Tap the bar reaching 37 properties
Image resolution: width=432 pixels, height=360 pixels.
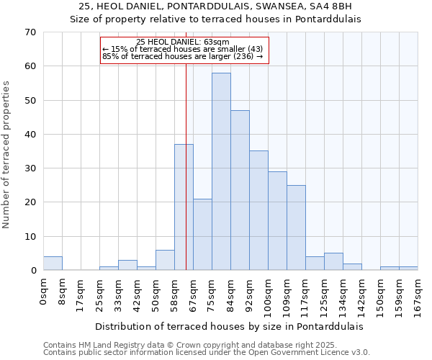(x=184, y=207)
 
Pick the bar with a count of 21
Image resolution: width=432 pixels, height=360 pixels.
(x=202, y=235)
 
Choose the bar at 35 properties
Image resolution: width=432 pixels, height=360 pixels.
(x=258, y=210)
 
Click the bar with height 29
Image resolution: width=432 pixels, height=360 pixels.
(x=277, y=220)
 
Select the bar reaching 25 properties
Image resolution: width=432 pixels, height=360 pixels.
(x=296, y=228)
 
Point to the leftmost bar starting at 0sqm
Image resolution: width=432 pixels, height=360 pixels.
(x=53, y=264)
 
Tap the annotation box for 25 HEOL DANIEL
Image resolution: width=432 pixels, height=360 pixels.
(x=184, y=50)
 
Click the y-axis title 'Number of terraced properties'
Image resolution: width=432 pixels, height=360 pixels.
(x=6, y=154)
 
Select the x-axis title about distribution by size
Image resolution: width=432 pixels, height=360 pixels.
(x=229, y=326)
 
